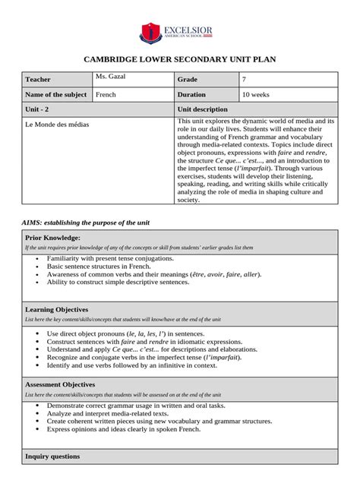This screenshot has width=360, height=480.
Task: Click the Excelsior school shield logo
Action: pos(152,33)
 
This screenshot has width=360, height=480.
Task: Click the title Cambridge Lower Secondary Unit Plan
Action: pos(179,60)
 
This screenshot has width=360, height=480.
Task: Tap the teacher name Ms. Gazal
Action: pos(112,77)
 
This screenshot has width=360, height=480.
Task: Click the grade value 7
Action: pos(244,80)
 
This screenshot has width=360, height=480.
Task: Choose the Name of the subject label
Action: pos(55,95)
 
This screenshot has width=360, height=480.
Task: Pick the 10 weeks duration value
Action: pos(255,95)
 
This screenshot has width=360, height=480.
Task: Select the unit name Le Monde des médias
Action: pos(57,124)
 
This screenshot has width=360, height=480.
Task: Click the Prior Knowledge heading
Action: pos(53,238)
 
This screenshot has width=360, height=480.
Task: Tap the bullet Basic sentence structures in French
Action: pos(99,267)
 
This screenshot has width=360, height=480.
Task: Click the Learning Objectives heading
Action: pos(57,310)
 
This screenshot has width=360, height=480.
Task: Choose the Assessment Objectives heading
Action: pos(61,385)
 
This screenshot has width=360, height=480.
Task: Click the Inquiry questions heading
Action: pos(52,456)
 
